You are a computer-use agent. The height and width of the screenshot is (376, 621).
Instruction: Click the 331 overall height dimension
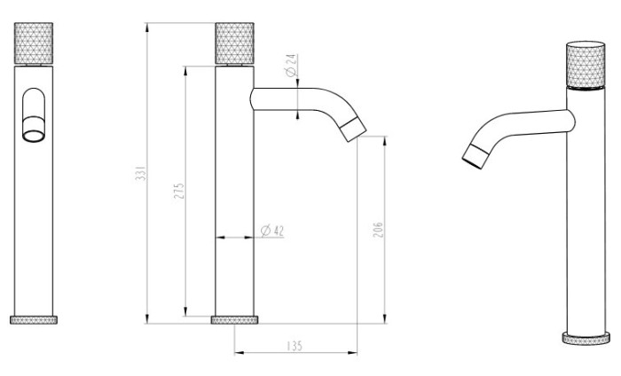pyautogui.click(x=141, y=173)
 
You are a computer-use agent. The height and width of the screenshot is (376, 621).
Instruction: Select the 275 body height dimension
pyautogui.click(x=179, y=191)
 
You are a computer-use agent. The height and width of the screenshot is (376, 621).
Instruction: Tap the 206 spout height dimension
pyautogui.click(x=378, y=230)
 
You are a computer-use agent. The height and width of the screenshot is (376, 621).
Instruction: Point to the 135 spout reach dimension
pyautogui.click(x=294, y=346)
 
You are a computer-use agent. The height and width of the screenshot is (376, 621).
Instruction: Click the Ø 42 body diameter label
pyautogui.click(x=272, y=231)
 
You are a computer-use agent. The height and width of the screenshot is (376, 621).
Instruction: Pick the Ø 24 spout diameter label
pyautogui.click(x=291, y=66)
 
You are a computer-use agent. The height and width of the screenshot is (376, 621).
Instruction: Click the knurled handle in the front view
pyautogui.click(x=34, y=43)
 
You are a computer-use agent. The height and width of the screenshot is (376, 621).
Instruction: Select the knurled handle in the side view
pyautogui.click(x=234, y=43)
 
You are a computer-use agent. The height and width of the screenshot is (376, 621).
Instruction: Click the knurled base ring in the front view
pyautogui.click(x=34, y=320)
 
